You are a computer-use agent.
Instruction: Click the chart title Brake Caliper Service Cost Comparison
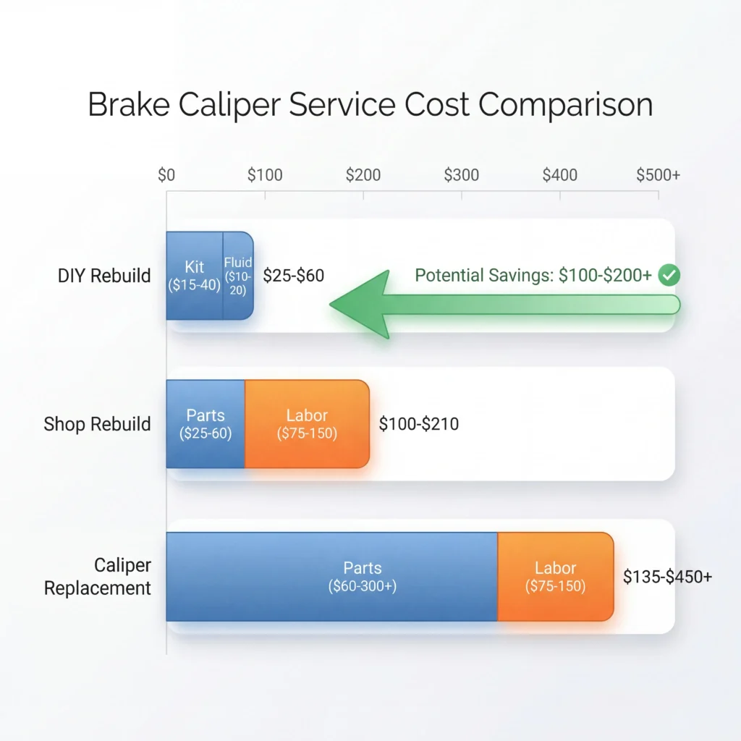click(370, 104)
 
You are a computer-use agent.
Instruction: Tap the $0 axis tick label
click(166, 175)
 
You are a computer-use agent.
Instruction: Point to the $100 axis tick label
click(265, 175)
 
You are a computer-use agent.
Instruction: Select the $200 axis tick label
click(363, 175)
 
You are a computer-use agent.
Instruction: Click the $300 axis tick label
click(462, 175)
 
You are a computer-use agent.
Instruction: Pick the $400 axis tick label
click(560, 175)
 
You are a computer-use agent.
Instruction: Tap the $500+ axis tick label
click(658, 175)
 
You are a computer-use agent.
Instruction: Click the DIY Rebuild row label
click(104, 276)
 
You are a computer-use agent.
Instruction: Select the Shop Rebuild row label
click(97, 423)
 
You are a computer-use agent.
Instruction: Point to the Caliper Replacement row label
click(98, 577)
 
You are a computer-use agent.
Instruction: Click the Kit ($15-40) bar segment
click(194, 276)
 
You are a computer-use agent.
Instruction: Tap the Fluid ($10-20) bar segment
click(238, 276)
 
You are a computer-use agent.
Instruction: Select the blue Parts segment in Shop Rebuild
click(206, 424)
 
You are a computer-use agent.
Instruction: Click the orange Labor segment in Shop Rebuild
click(307, 424)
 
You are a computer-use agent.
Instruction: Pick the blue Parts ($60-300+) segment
click(331, 577)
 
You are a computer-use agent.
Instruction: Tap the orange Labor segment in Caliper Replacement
click(555, 577)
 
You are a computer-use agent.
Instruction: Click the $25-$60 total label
click(293, 276)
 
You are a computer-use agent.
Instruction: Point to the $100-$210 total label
click(418, 423)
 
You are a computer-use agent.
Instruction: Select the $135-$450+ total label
click(667, 577)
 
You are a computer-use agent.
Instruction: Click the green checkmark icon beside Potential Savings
click(670, 275)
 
